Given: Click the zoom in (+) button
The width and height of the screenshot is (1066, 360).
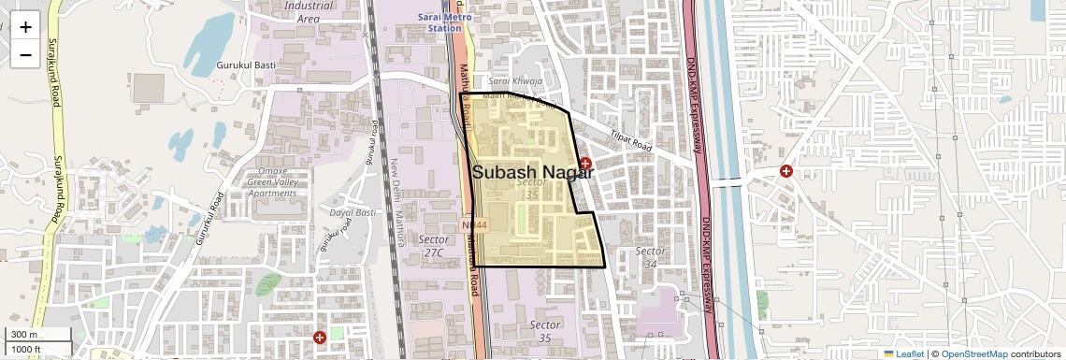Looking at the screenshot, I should pos(25,26).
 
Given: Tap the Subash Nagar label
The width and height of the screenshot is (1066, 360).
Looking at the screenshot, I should pos(533,172).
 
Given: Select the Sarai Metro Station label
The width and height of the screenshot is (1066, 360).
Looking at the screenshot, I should pos(445,22).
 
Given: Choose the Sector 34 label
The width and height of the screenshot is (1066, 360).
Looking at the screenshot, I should pos(650,257).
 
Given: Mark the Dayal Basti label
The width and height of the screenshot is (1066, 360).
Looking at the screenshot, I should pos(353,213).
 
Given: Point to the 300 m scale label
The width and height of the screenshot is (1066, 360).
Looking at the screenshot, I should pos(25,335).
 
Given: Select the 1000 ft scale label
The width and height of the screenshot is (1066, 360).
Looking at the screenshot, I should pos(25,349).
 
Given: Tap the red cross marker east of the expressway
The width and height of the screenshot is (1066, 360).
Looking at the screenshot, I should pos(786,171).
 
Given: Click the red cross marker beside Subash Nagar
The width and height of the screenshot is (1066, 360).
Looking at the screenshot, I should pos(585,164).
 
